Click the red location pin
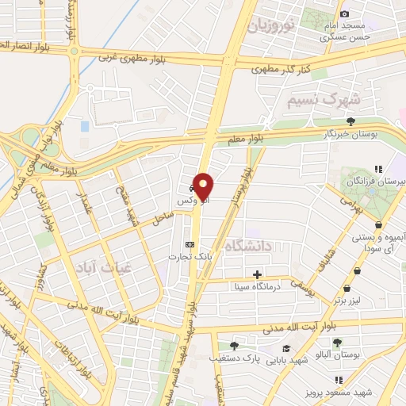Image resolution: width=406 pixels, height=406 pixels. click(x=204, y=186)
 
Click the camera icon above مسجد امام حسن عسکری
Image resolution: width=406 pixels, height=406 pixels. click(x=344, y=14)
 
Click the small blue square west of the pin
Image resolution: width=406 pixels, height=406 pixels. click(x=85, y=126)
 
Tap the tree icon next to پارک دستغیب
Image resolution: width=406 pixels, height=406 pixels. click(x=234, y=345)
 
